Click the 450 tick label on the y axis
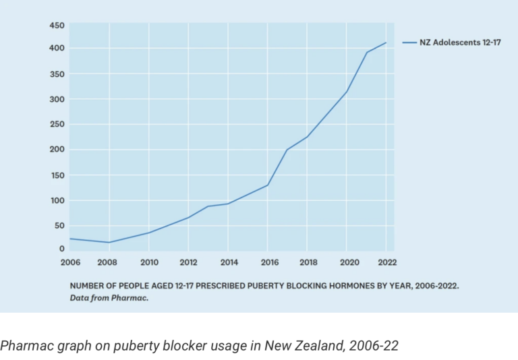(57, 26)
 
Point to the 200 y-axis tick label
(57, 149)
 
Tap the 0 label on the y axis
(62, 249)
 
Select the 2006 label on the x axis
(70, 262)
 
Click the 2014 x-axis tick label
(229, 262)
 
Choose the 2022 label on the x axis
(387, 262)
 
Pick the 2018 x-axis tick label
(308, 262)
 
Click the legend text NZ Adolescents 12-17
(460, 42)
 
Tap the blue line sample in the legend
(409, 42)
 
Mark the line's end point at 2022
(386, 42)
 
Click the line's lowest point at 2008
(109, 243)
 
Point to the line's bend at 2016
(267, 185)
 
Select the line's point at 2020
(346, 92)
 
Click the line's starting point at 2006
(70, 239)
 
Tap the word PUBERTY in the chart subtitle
(265, 286)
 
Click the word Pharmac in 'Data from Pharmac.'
(129, 298)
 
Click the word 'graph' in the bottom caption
(74, 347)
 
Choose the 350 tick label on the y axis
(57, 74)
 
